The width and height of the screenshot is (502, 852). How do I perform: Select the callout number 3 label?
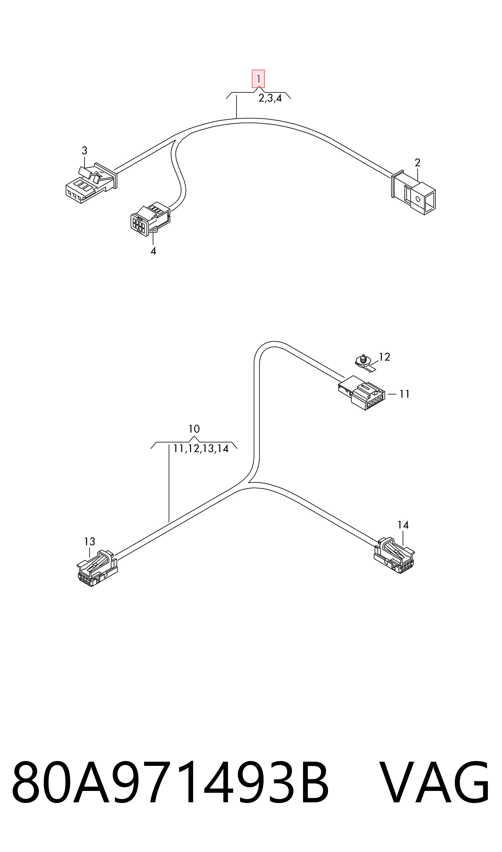click(85, 151)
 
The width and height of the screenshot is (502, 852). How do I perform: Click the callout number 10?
click(194, 429)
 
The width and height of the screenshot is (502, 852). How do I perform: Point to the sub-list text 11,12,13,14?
click(201, 449)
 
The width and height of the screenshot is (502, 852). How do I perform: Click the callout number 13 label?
click(90, 542)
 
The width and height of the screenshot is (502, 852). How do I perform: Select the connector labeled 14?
click(394, 555)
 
